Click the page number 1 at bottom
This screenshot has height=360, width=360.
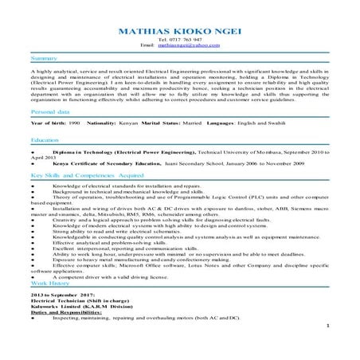pyautogui.click(x=328, y=348)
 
